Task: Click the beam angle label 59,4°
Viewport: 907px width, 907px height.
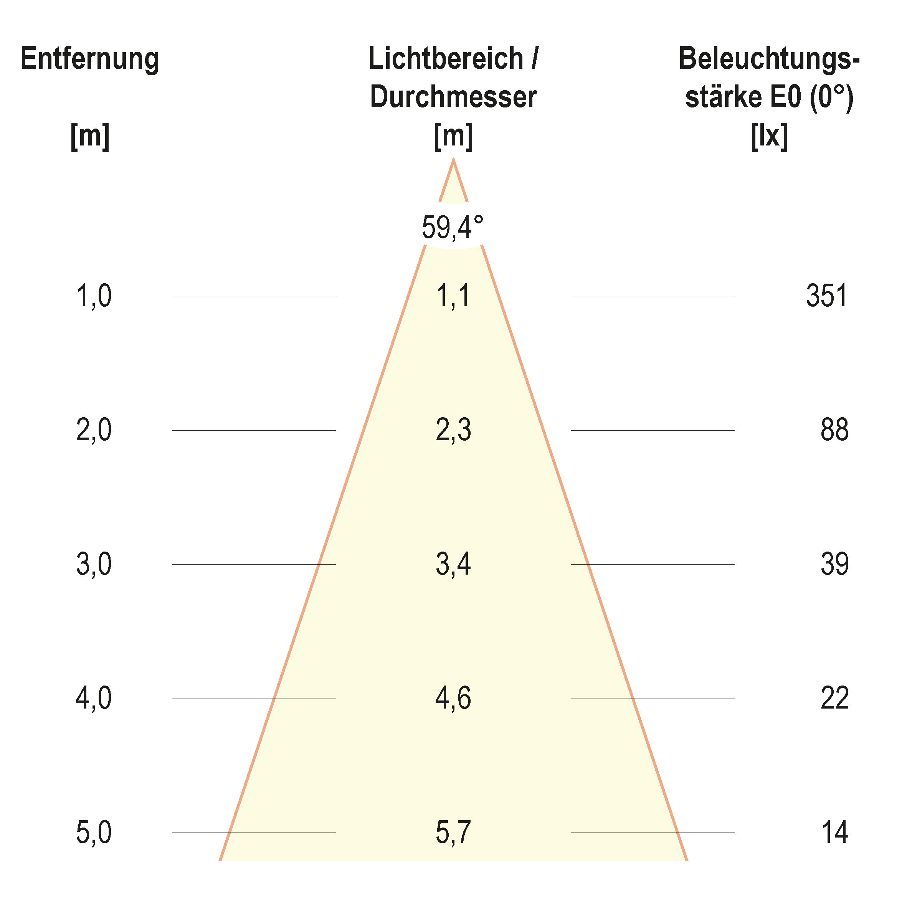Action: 452,227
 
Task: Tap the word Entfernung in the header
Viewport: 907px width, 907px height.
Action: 90,59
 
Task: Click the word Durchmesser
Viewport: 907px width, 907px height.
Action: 453,97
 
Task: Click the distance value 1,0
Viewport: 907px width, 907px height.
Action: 94,296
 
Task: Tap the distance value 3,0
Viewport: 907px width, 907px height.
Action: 94,564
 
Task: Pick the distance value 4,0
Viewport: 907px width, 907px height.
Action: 94,698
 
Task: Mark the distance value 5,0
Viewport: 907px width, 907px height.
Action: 94,833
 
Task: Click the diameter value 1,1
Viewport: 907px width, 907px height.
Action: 453,296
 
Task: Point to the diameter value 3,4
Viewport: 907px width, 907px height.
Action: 453,564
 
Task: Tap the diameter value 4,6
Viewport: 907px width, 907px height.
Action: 453,698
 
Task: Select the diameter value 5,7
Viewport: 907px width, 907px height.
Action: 453,833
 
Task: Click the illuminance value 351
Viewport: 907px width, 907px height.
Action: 827,296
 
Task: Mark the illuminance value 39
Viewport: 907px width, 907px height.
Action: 834,564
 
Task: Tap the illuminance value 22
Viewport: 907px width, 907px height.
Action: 834,698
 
